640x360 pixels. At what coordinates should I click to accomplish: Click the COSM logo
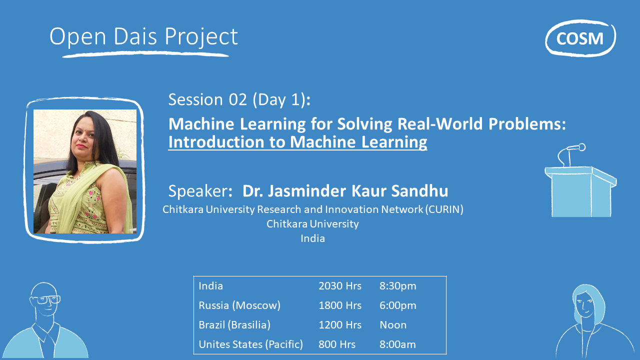point(580,38)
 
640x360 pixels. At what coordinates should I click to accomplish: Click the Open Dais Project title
point(143,37)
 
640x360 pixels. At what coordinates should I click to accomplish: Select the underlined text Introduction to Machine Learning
point(297,142)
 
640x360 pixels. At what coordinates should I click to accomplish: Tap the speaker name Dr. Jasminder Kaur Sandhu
point(345,191)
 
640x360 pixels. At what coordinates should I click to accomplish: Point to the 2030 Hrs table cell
point(340,286)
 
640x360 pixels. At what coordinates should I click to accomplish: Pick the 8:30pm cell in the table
point(397,286)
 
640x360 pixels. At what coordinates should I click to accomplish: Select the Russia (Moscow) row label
point(239,305)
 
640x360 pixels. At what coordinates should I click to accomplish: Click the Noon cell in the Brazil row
point(393,325)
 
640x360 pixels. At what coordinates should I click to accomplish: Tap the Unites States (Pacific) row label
point(250,344)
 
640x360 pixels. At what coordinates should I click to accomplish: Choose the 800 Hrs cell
point(337,344)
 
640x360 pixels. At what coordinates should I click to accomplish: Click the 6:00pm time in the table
point(397,305)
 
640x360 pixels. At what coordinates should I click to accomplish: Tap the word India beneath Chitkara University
point(312,238)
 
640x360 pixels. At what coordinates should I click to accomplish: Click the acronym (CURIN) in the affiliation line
point(444,209)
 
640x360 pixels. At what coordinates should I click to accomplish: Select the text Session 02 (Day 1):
point(239,99)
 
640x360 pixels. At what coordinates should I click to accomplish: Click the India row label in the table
point(210,286)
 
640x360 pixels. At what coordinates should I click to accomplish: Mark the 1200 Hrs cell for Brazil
point(340,325)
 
